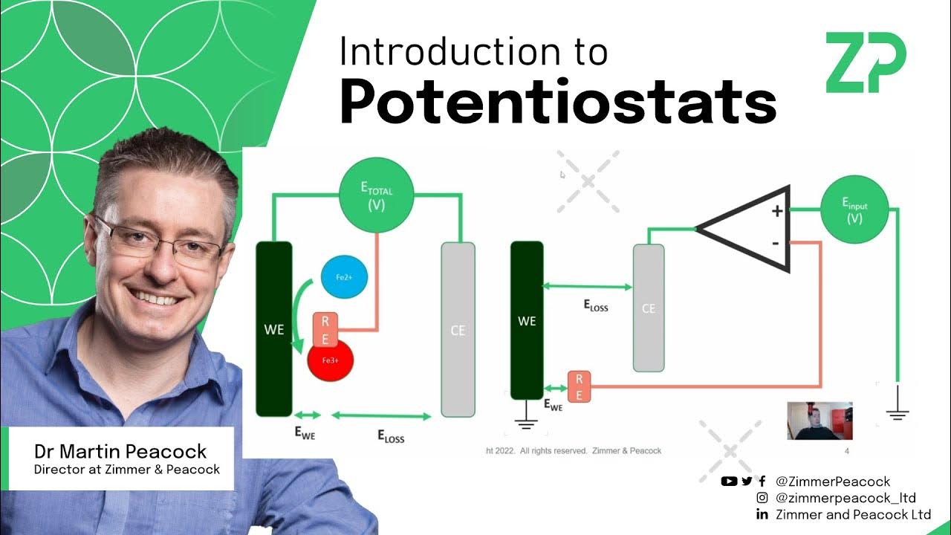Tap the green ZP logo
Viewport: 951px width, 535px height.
tap(866, 63)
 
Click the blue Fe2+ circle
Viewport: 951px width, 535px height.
tap(343, 277)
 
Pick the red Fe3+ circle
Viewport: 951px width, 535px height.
tap(330, 360)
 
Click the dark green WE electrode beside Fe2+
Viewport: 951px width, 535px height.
tap(274, 328)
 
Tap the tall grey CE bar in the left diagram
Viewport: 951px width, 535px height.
tap(458, 329)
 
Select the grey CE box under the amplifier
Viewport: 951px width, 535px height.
tap(648, 308)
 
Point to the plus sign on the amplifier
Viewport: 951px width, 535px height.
tap(777, 212)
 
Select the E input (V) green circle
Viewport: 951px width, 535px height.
tap(854, 211)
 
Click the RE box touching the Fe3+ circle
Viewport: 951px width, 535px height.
tap(325, 329)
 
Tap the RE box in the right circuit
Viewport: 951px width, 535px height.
tap(579, 386)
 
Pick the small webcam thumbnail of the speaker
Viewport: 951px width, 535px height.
tap(819, 421)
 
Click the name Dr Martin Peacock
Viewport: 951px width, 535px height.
tap(120, 451)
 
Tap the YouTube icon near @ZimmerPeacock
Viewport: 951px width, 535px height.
tap(729, 481)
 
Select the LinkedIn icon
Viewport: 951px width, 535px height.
tap(762, 514)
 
